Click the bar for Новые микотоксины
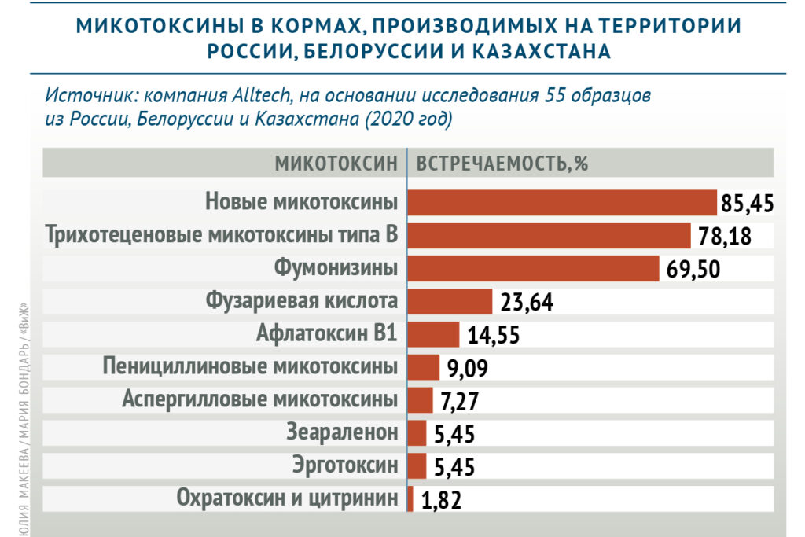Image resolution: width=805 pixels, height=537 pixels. pyautogui.click(x=562, y=202)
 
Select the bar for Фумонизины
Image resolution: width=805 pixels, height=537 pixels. pyautogui.click(x=533, y=268)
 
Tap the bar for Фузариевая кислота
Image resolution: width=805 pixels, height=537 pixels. pyautogui.click(x=450, y=301)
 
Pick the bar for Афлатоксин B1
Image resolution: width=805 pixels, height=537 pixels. pyautogui.click(x=433, y=334)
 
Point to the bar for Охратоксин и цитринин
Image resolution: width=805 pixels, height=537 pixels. pyautogui.click(x=410, y=498)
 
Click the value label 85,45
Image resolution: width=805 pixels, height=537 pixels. pyautogui.click(x=748, y=204)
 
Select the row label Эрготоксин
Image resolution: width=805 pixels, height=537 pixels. pyautogui.click(x=345, y=465)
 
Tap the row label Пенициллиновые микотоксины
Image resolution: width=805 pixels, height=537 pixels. pyautogui.click(x=251, y=367)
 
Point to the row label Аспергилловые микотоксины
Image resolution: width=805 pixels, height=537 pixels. pyautogui.click(x=259, y=399)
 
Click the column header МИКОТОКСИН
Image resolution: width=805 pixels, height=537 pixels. pyautogui.click(x=336, y=164)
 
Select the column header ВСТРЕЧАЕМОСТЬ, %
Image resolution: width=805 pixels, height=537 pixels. pyautogui.click(x=502, y=164)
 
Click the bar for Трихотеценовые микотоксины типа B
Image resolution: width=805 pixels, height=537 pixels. pyautogui.click(x=549, y=235)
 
